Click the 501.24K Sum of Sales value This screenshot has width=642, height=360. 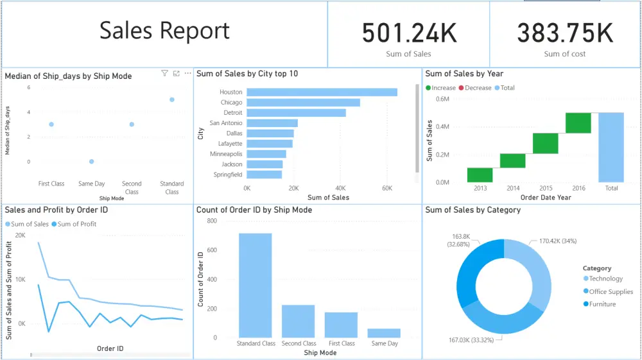(409, 33)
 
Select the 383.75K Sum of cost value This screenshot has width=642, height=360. (565, 33)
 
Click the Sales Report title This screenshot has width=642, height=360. (164, 31)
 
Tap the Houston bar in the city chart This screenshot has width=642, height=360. (322, 92)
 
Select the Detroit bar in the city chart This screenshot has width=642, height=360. (296, 113)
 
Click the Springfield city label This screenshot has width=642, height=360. (228, 174)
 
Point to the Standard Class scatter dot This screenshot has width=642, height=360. (172, 99)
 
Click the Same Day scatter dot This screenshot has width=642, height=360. (91, 162)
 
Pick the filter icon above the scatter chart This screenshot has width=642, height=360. (164, 74)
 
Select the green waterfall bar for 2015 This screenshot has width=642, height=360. (545, 143)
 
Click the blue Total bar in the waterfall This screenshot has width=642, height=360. (611, 148)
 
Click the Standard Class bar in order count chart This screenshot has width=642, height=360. (255, 285)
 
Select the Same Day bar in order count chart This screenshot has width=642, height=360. (383, 333)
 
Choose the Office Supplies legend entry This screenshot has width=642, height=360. (611, 291)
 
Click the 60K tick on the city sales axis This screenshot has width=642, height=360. (386, 189)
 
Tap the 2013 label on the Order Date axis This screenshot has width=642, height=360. (480, 188)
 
